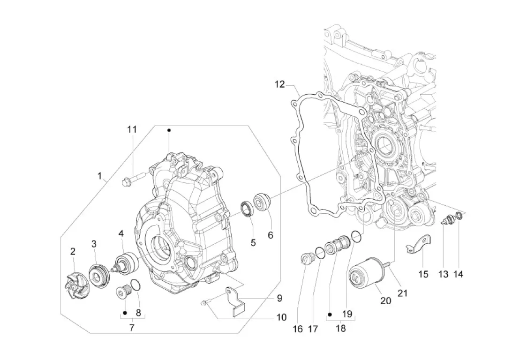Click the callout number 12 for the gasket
pos(279,84)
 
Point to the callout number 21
pos(402,293)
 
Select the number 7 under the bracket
pos(132,327)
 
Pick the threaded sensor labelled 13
pos(447,221)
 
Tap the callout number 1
pos(99,175)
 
